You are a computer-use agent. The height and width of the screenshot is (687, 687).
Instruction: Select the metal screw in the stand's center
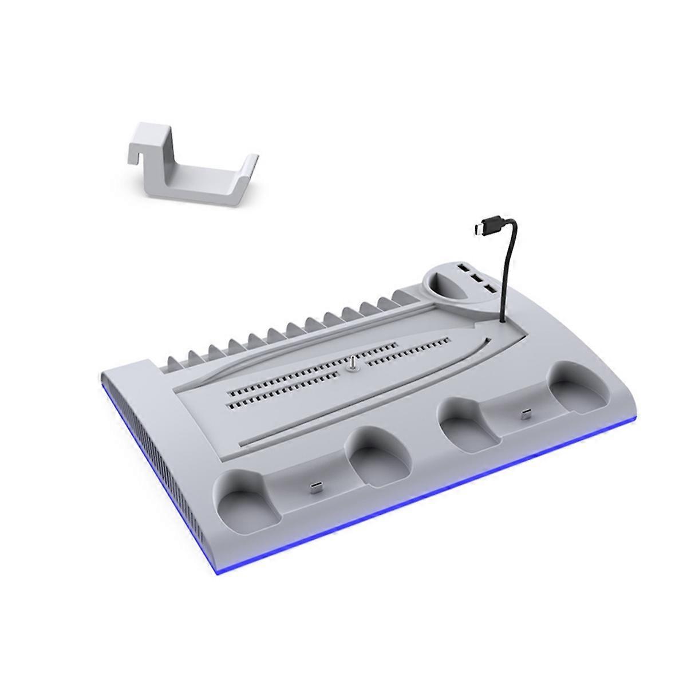pos(353,365)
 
